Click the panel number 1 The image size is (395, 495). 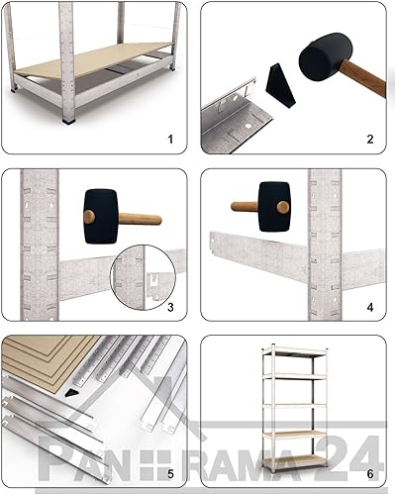[x=170, y=140]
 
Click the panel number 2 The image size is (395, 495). [x=370, y=140]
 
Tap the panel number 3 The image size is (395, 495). [x=170, y=307]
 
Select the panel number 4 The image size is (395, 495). [x=370, y=307]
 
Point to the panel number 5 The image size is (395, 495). [x=170, y=474]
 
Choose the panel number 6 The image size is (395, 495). [x=370, y=474]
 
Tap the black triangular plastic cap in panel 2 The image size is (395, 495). [x=280, y=85]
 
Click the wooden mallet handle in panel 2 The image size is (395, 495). [x=363, y=77]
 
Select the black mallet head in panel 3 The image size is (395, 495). [x=101, y=216]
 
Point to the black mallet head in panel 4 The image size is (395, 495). [x=274, y=207]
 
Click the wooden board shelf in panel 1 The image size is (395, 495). [x=93, y=59]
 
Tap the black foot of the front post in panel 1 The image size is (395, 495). [x=68, y=121]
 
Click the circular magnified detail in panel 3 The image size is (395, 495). [x=144, y=277]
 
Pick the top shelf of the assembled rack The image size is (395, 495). [x=295, y=352]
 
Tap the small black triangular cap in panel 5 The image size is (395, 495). [x=71, y=393]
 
